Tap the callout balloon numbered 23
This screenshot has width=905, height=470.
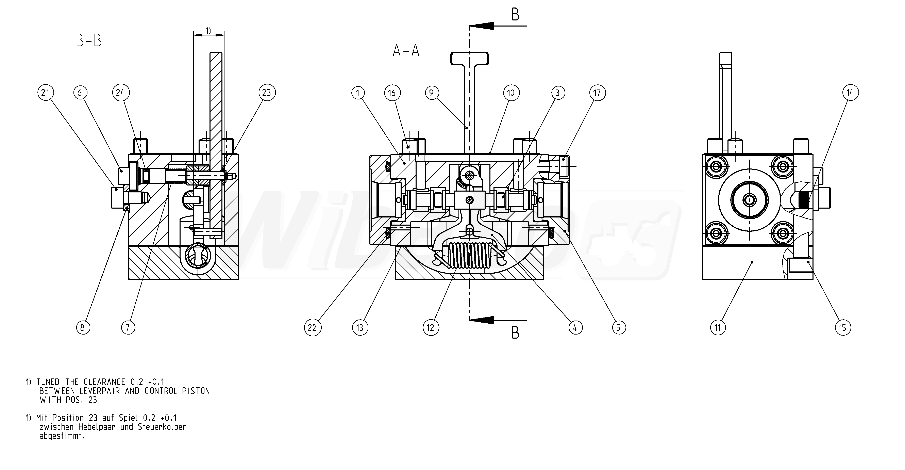267,93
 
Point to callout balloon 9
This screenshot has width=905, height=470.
432,93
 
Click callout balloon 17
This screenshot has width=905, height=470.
597,93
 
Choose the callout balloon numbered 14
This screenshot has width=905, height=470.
850,93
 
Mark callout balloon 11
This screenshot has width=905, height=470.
718,328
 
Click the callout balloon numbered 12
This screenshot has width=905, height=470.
431,328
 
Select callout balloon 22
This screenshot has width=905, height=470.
312,328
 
